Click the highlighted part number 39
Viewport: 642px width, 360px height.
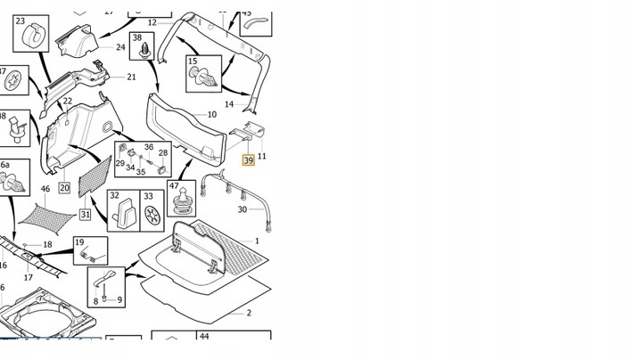click(249, 160)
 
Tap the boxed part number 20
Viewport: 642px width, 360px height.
click(64, 187)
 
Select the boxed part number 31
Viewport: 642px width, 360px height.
click(85, 214)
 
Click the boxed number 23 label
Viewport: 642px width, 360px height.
click(21, 20)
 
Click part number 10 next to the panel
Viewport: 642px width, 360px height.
click(211, 115)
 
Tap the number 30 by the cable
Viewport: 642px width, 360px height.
click(242, 209)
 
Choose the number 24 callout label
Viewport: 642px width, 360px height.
click(120, 47)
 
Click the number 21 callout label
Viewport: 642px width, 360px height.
click(131, 78)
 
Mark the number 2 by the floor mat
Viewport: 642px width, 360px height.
click(249, 313)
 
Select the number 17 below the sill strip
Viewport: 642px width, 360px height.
click(29, 277)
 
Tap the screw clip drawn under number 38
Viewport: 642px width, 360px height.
click(140, 56)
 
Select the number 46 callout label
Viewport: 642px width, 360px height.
click(45, 190)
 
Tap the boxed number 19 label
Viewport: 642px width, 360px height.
click(79, 242)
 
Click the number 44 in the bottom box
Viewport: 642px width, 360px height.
click(204, 337)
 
